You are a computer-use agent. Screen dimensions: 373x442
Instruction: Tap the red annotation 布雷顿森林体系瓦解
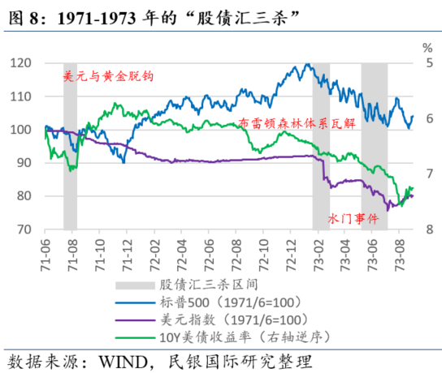[297, 123]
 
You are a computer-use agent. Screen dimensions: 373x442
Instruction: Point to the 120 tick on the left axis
[26, 63]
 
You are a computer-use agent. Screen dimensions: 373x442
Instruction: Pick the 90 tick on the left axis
[29, 163]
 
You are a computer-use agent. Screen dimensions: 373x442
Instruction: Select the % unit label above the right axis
[421, 47]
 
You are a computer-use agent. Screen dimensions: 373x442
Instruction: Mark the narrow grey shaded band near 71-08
[71, 146]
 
